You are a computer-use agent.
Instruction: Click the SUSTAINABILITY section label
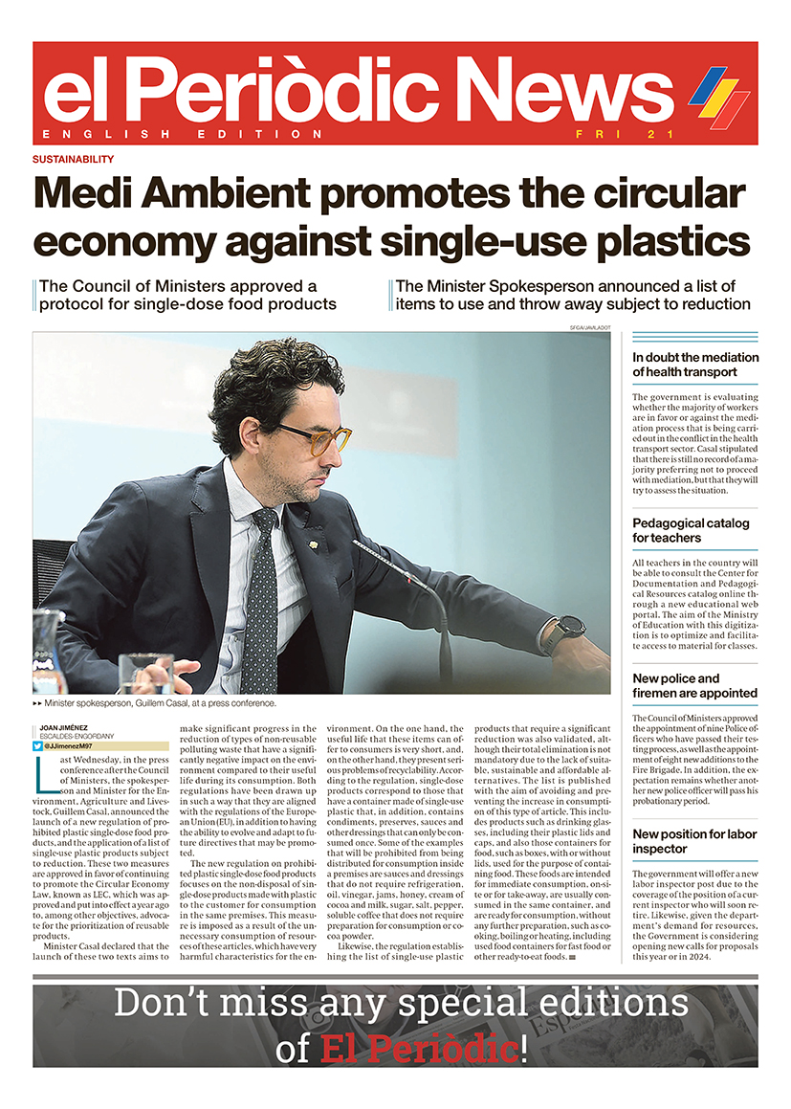[x=73, y=159]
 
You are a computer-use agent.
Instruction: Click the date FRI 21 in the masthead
[x=618, y=134]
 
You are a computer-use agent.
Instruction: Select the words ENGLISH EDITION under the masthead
[x=183, y=134]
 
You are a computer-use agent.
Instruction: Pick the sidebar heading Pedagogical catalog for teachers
[x=691, y=530]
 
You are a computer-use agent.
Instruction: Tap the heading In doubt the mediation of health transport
[x=695, y=365]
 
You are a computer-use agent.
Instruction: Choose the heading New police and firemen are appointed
[x=694, y=685]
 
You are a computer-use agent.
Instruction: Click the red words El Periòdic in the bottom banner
[x=420, y=1049]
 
